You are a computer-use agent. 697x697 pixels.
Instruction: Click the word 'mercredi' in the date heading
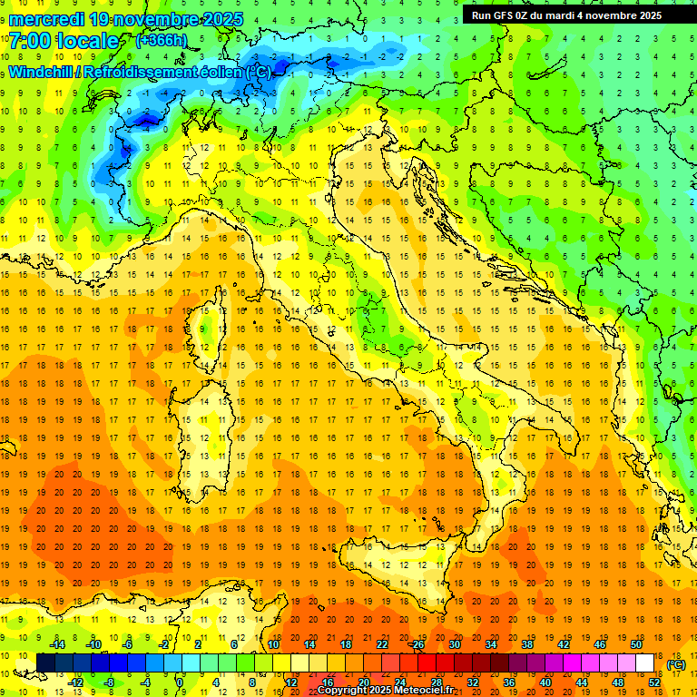pyautogui.click(x=46, y=19)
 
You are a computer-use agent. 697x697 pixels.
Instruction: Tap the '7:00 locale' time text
pyautogui.click(x=64, y=41)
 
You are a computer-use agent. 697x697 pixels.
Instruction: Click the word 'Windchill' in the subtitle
pyautogui.click(x=42, y=72)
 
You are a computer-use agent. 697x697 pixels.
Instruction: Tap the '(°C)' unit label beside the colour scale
pyautogui.click(x=676, y=664)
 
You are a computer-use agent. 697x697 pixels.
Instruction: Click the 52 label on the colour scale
pyautogui.click(x=654, y=682)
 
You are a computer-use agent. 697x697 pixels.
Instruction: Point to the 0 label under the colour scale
pyautogui.click(x=180, y=682)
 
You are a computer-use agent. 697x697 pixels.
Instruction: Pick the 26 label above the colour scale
pyautogui.click(x=417, y=644)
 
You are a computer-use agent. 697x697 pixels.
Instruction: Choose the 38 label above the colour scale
pyautogui.click(x=526, y=644)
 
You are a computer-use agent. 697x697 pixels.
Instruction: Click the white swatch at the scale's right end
pyautogui.click(x=645, y=663)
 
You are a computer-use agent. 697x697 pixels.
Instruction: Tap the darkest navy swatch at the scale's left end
pyautogui.click(x=46, y=663)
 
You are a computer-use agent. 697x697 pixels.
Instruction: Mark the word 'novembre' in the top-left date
pyautogui.click(x=155, y=19)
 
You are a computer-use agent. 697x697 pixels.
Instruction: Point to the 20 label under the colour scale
pyautogui.click(x=363, y=682)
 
